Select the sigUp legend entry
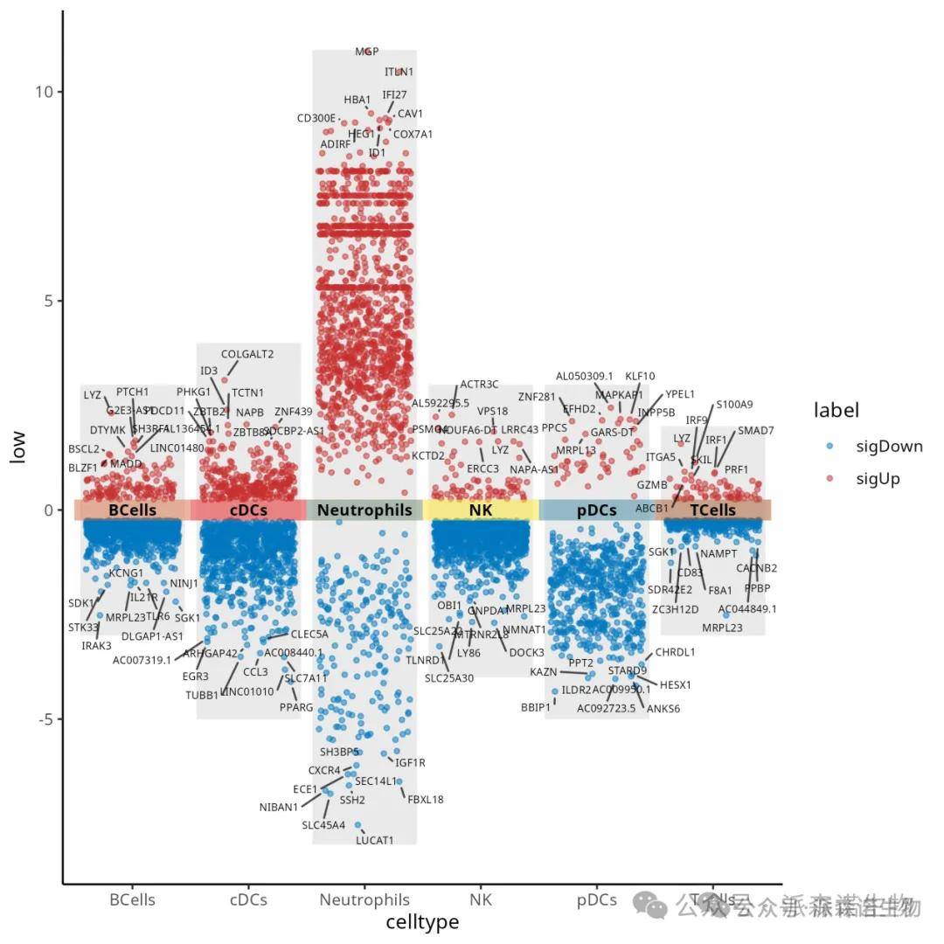(878, 478)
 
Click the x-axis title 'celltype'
(422, 922)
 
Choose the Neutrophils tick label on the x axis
(364, 899)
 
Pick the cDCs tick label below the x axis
(248, 899)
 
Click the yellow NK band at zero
(481, 510)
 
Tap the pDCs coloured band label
(597, 510)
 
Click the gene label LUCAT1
(374, 841)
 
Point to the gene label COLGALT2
(247, 354)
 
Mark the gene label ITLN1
(399, 72)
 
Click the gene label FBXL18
(426, 799)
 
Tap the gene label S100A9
(734, 405)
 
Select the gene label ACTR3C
(479, 384)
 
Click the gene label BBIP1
(536, 707)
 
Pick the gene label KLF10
(640, 376)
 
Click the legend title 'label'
(836, 410)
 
